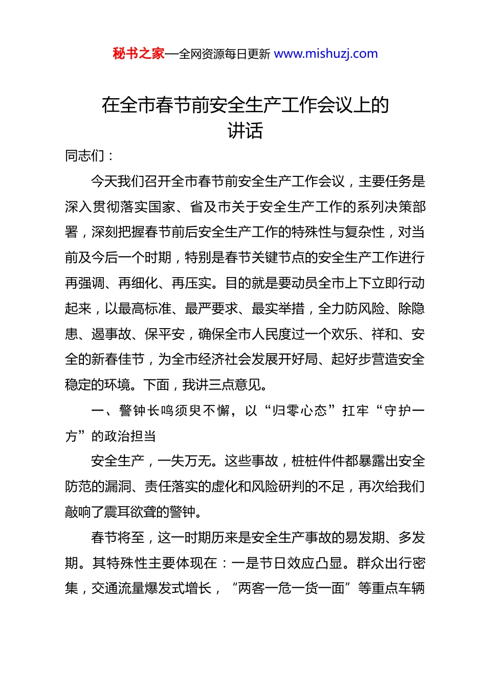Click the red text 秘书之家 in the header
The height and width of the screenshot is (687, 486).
point(139,54)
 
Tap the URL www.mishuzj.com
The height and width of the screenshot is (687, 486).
point(325,54)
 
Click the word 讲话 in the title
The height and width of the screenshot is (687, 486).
point(245,131)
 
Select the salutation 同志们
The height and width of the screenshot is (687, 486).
point(85,156)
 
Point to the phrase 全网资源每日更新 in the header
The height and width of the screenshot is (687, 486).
point(225,54)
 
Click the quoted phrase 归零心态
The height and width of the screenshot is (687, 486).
point(299,411)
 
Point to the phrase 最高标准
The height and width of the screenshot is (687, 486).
point(145,309)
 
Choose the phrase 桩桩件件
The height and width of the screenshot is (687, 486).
point(318,461)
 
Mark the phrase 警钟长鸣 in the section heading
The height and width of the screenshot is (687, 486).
point(146,411)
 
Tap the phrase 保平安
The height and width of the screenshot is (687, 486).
point(165,334)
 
